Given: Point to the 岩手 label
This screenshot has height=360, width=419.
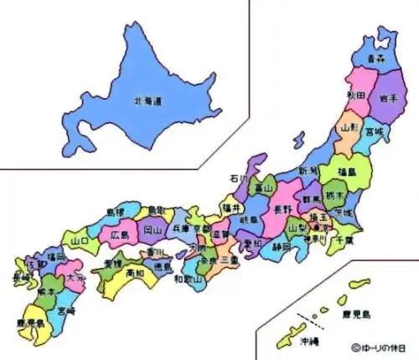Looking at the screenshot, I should pos(389,96).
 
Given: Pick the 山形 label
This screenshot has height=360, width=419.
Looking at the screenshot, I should pos(351,127).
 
